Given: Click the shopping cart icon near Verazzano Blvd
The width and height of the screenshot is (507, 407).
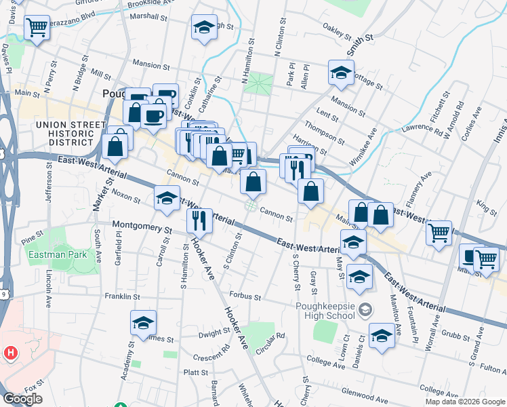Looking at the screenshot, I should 37,28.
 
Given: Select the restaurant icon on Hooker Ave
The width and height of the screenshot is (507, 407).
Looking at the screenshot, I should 199,220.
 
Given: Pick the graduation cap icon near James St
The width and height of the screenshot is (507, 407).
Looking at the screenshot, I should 143,322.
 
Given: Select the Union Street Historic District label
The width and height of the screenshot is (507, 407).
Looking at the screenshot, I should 65,133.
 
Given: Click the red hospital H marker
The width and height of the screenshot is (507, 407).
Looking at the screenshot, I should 10,353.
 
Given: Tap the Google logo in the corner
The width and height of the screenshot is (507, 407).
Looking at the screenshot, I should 22,398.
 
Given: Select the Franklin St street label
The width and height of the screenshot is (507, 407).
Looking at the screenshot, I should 122,296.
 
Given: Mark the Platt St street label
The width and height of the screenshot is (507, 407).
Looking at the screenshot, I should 195,372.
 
